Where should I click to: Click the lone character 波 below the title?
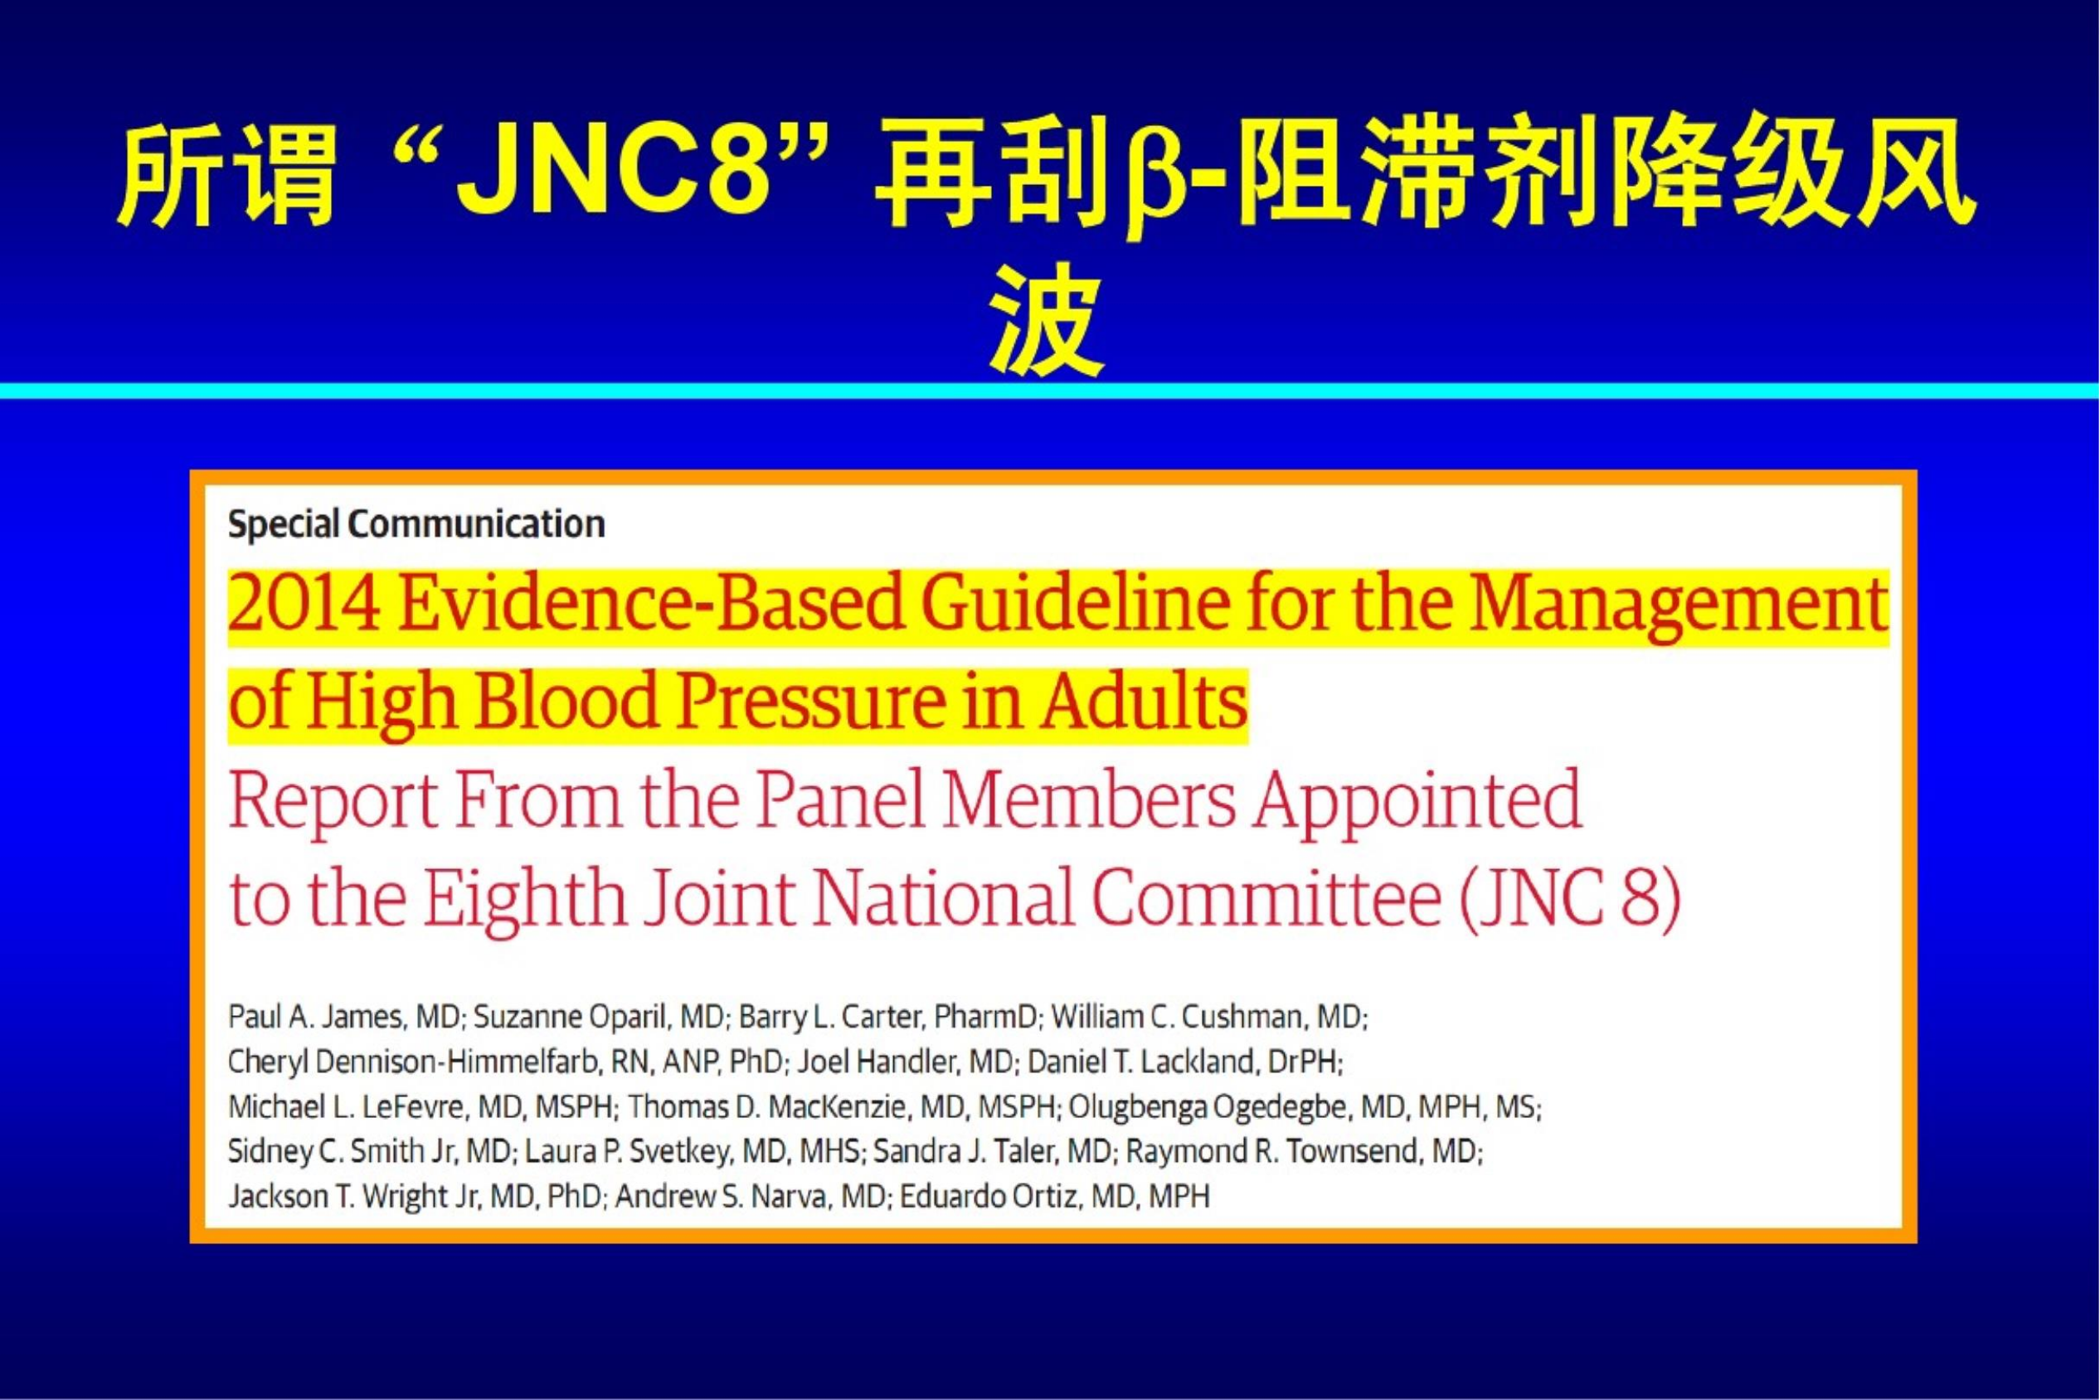click(1048, 318)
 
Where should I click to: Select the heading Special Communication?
click(416, 524)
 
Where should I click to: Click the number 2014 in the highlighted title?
click(304, 605)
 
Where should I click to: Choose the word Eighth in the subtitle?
click(524, 898)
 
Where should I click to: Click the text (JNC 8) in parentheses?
click(1571, 899)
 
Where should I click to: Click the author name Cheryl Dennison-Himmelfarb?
click(416, 1062)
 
